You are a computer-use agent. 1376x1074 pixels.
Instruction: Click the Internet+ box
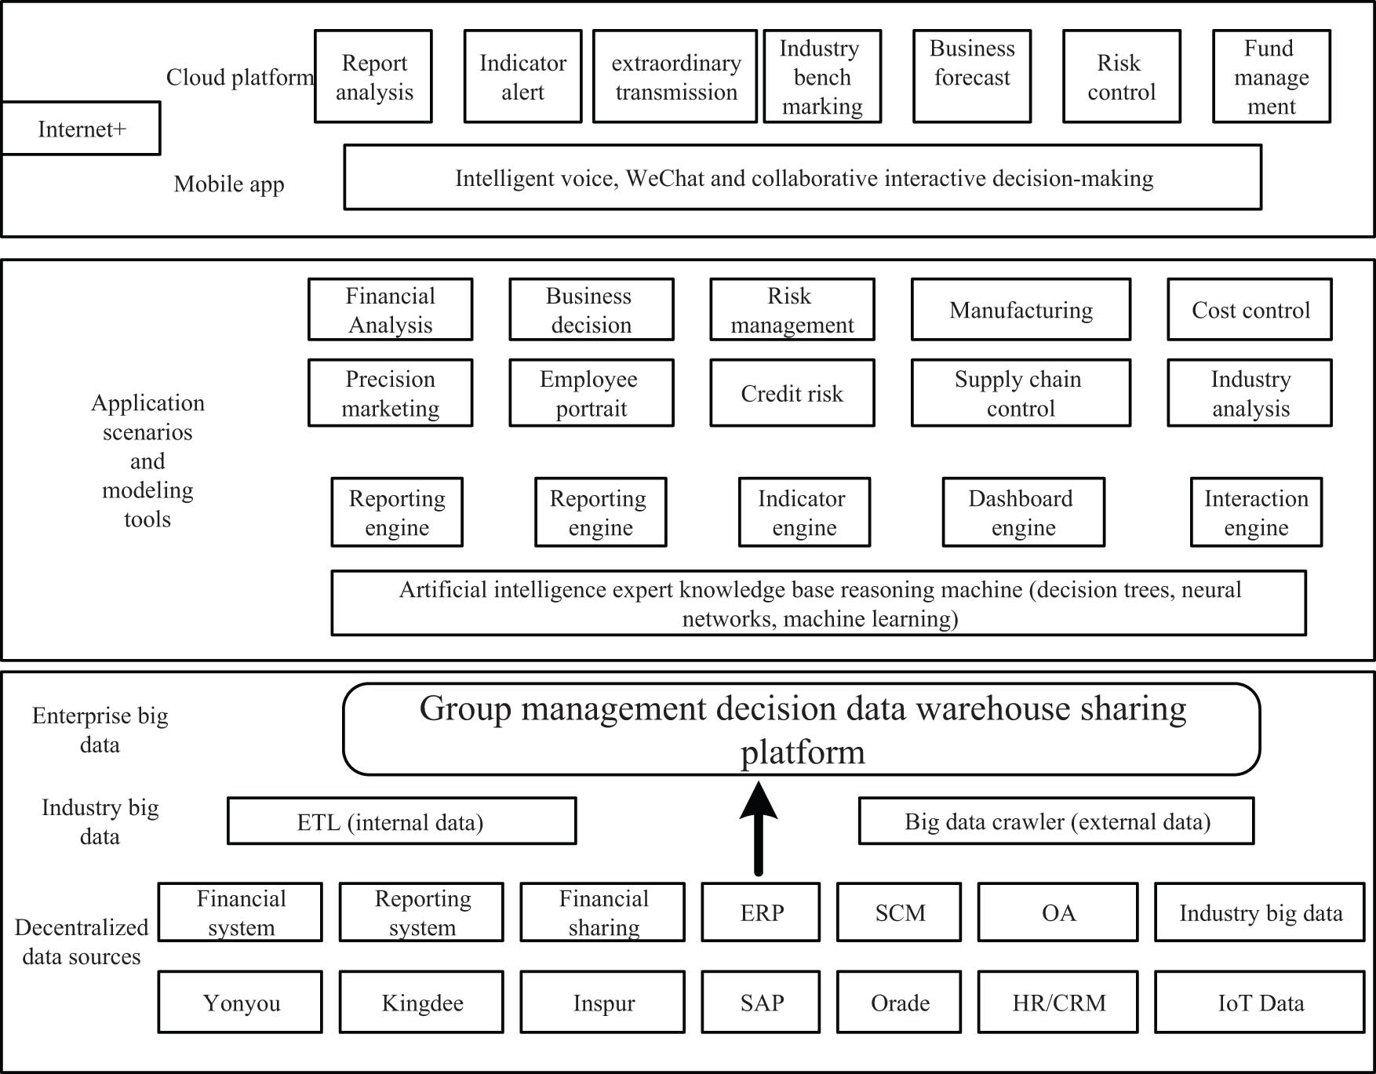click(81, 129)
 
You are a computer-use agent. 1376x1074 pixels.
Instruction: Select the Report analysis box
click(373, 77)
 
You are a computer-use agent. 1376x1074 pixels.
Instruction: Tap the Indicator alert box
click(522, 77)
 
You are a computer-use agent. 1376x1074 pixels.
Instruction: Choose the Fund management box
click(1271, 77)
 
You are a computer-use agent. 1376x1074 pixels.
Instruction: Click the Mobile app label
click(228, 184)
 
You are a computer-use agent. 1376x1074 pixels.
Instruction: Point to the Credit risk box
click(792, 393)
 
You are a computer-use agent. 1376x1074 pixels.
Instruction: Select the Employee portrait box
click(591, 393)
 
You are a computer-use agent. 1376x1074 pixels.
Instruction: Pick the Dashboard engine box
click(1023, 512)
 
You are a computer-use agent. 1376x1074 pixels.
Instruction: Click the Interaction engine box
click(1256, 512)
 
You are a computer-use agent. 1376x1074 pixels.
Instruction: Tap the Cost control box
click(1250, 310)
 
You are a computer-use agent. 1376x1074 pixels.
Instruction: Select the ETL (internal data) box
click(402, 821)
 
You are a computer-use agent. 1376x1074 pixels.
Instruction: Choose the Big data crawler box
click(1056, 821)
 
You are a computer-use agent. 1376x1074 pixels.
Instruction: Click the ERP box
click(761, 912)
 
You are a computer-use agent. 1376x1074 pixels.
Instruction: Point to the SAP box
click(761, 1002)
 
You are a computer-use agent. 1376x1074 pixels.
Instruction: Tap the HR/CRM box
click(1057, 1002)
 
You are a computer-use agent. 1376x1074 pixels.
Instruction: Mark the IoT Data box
click(1259, 1002)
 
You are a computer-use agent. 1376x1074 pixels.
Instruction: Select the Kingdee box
click(421, 1002)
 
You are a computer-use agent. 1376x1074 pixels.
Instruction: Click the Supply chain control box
click(1020, 393)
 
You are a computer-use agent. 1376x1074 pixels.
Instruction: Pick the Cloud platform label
click(239, 78)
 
